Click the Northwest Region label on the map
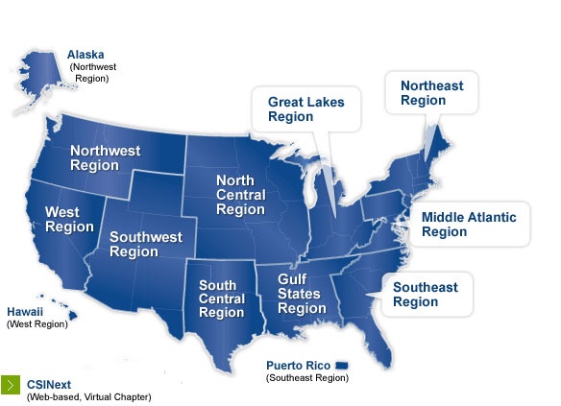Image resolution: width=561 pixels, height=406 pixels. click(105, 157)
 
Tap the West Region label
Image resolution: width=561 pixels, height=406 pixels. click(69, 219)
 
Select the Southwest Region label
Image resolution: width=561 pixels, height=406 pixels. click(145, 244)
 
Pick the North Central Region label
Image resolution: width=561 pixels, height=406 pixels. click(240, 195)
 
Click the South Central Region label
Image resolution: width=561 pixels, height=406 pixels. click(221, 299)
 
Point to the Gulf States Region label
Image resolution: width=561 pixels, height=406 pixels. click(302, 294)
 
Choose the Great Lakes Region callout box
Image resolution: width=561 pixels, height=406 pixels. click(305, 108)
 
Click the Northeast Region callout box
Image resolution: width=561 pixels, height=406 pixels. click(431, 93)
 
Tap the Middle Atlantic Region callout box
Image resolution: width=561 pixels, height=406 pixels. click(469, 225)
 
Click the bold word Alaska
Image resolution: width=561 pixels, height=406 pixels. click(85, 55)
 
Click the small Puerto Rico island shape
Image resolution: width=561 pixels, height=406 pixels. click(342, 366)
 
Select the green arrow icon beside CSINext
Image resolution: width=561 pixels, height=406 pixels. click(12, 383)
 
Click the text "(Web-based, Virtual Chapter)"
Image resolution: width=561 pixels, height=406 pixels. click(88, 396)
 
